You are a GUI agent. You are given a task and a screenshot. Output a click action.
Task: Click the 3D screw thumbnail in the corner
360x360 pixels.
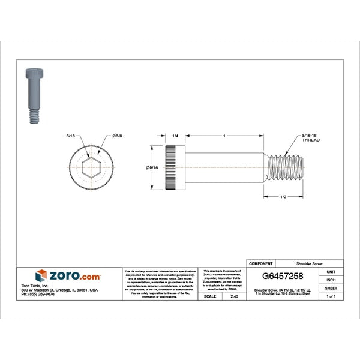pos(33,96)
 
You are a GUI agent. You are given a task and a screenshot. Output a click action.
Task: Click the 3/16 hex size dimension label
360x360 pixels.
pos(71,137)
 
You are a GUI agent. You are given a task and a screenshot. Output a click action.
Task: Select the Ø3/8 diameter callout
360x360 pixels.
pos(117,137)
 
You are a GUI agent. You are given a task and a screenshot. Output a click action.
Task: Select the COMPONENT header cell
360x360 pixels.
pos(260,263)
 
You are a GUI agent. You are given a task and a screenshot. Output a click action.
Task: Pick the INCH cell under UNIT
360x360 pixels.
pos(331,280)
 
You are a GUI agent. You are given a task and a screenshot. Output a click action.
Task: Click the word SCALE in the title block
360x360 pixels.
pos(210,296)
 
